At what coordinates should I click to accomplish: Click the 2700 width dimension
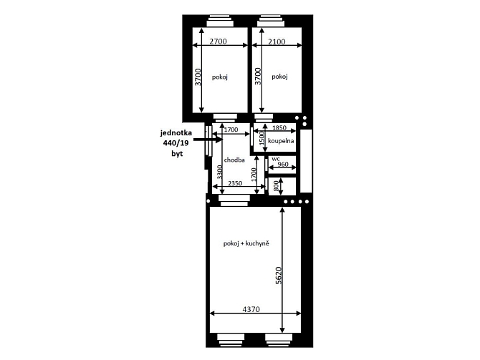click(x=219, y=42)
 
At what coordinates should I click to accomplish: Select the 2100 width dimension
click(x=277, y=42)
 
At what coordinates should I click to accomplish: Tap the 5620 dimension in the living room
click(x=278, y=276)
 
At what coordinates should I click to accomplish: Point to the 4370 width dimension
click(x=251, y=309)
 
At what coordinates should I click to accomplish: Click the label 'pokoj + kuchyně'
click(x=246, y=243)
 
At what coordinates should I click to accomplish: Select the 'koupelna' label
click(x=281, y=141)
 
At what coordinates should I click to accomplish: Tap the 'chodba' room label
click(x=234, y=160)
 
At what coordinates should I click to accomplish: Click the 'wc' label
click(x=276, y=159)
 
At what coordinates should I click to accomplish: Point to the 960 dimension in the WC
click(x=282, y=164)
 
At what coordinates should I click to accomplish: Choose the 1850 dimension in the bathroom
click(x=279, y=128)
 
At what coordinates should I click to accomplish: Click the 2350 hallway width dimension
click(x=235, y=183)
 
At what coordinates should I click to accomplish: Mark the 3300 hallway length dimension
click(x=219, y=172)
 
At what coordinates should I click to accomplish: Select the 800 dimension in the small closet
click(x=276, y=186)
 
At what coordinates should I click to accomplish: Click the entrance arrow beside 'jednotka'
click(x=208, y=140)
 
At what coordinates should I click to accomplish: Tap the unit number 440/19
click(x=176, y=143)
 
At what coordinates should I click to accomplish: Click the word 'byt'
click(x=177, y=154)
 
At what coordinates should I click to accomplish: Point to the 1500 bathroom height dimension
click(x=261, y=138)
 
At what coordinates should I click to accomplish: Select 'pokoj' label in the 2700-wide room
click(x=220, y=77)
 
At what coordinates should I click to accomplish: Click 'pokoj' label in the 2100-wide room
click(x=279, y=77)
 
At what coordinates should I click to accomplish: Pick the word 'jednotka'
click(x=176, y=132)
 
